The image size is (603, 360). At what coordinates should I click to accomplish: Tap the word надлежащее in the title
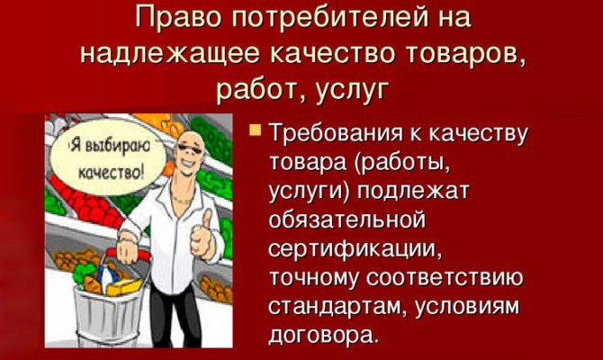(169, 54)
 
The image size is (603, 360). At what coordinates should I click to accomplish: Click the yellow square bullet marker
(255, 130)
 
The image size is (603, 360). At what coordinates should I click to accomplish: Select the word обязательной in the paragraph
(347, 220)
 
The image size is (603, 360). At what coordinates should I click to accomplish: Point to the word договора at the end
(321, 335)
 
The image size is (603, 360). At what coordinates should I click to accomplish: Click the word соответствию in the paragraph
(445, 278)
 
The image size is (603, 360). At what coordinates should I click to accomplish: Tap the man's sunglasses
(191, 148)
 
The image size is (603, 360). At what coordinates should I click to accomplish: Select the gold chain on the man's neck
(183, 200)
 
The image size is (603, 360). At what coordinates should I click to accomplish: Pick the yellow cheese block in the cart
(124, 287)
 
